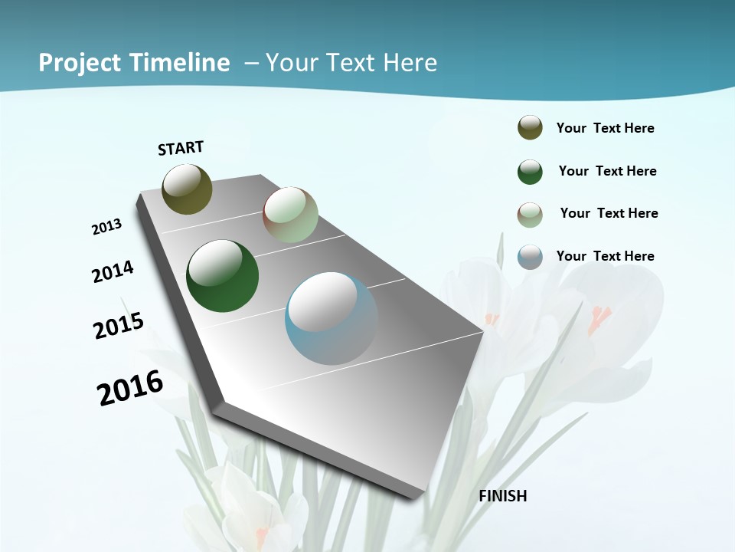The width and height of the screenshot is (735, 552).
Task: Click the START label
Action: click(181, 148)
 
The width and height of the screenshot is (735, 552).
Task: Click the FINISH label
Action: click(503, 496)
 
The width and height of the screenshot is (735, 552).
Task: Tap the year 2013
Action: click(107, 226)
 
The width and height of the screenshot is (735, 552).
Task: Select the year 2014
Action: click(113, 272)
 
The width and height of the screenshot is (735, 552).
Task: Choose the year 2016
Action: click(130, 388)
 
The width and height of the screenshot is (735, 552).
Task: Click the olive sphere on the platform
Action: click(187, 189)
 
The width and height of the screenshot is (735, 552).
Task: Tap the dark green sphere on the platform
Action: click(222, 276)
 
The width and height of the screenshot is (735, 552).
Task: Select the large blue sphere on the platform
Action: click(332, 318)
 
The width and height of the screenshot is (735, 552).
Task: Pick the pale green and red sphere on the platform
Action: click(290, 215)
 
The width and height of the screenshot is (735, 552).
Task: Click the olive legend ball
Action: click(530, 128)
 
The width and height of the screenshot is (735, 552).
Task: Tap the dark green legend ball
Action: click(530, 172)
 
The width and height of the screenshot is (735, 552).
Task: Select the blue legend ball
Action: click(530, 257)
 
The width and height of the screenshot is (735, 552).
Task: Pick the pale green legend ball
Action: click(530, 215)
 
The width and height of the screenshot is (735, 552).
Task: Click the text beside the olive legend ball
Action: click(605, 128)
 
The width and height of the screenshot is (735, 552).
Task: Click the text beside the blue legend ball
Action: click(605, 256)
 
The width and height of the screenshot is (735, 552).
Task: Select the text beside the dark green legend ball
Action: click(607, 171)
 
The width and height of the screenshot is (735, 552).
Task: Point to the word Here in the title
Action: click(410, 63)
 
